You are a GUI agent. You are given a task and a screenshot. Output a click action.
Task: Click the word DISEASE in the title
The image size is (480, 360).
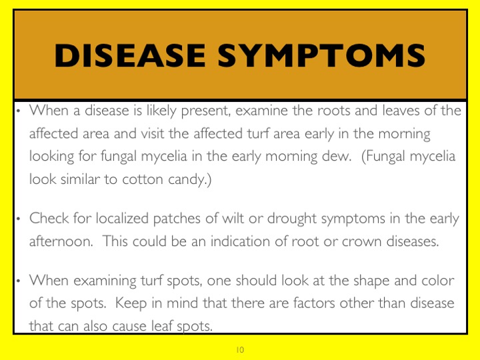click(x=130, y=55)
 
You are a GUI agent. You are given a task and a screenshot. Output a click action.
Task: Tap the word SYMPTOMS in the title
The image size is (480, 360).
click(x=321, y=55)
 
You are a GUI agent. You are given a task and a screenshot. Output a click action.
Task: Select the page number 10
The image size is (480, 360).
click(x=240, y=349)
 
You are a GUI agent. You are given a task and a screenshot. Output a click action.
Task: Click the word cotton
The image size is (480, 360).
click(x=143, y=179)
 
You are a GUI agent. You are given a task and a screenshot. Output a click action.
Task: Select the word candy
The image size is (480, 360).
click(x=187, y=180)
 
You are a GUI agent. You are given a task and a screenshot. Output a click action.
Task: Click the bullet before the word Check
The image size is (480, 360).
click(x=19, y=219)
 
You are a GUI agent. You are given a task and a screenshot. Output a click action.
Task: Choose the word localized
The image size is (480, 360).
click(x=122, y=219)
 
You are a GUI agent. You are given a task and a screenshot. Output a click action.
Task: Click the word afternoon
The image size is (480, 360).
click(x=61, y=241)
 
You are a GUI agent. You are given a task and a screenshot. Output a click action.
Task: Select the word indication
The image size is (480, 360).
click(x=240, y=241)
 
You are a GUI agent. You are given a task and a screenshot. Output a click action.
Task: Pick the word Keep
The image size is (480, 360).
click(x=131, y=304)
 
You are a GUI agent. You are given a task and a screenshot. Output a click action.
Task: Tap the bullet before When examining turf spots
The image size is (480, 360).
click(x=19, y=281)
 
